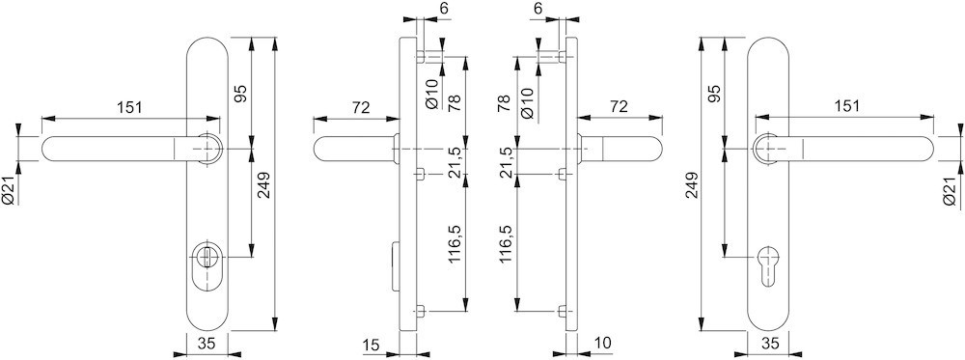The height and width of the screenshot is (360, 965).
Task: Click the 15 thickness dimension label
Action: (x=372, y=346)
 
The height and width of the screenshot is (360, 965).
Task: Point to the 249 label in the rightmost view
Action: (x=693, y=185)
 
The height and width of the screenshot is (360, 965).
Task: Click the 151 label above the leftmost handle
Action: (x=129, y=107)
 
